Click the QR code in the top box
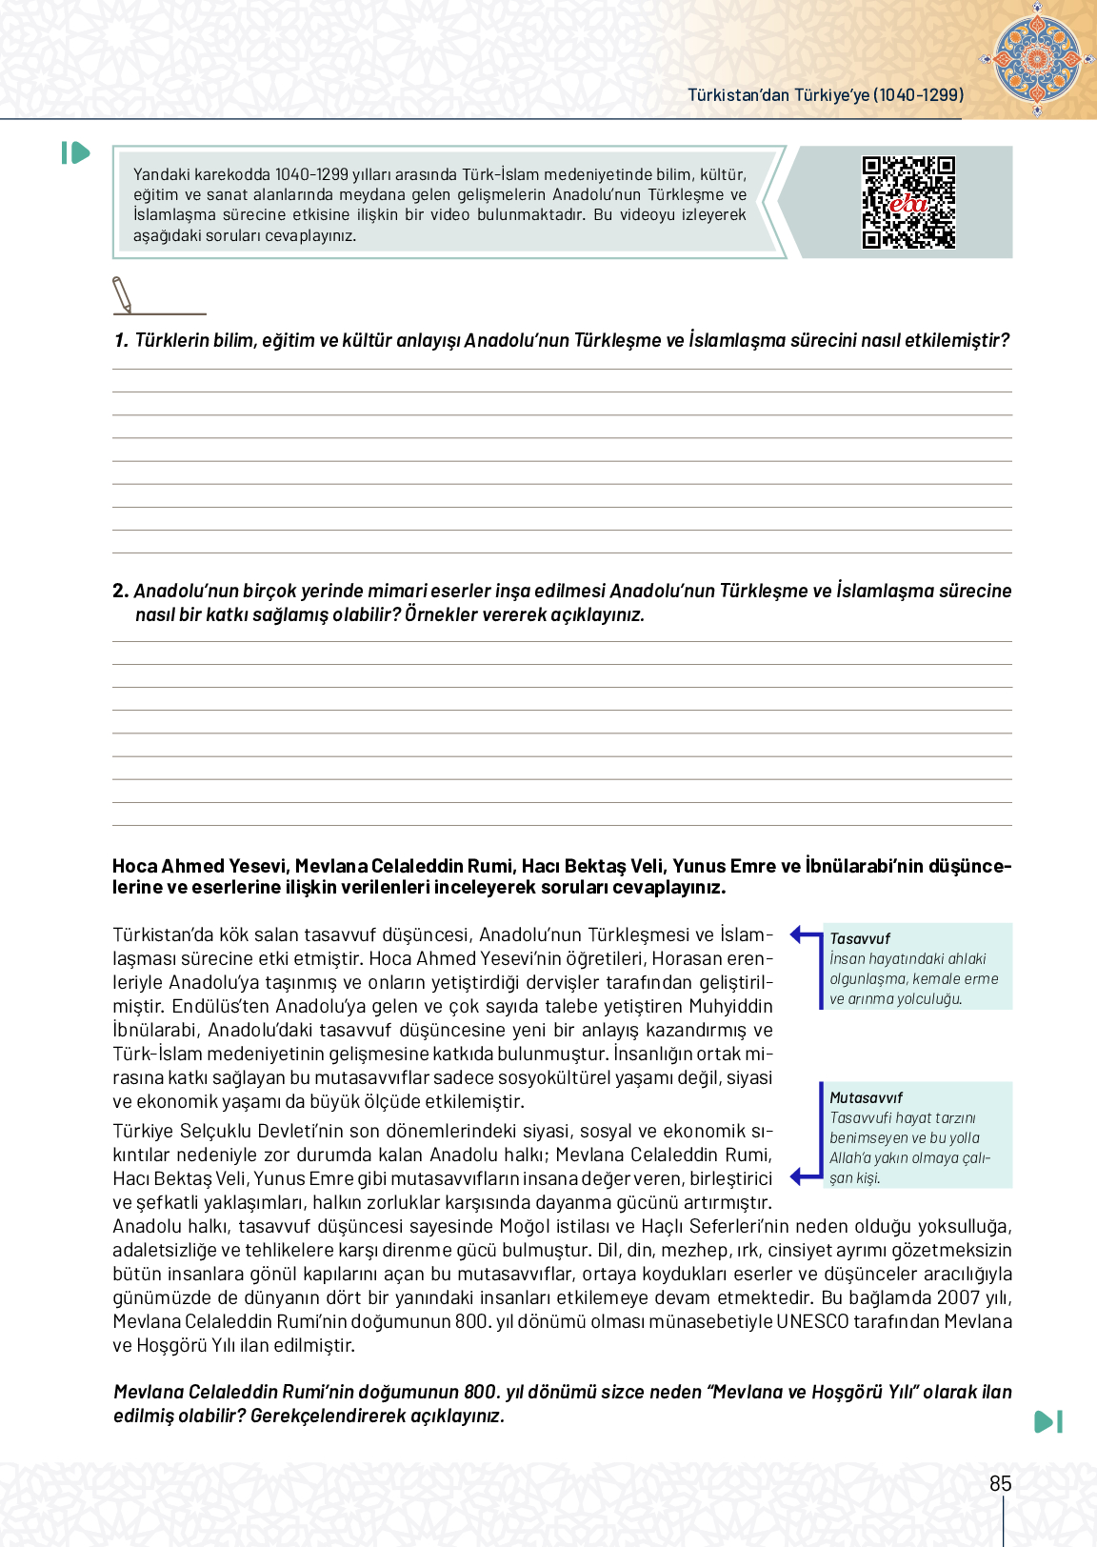908,202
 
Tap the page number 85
1000,1483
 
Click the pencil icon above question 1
122,294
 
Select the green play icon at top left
75,152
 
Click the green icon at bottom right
1047,1421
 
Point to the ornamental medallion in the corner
1037,58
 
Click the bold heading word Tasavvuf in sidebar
860,938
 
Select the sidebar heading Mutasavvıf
866,1097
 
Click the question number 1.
120,340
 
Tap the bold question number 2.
120,591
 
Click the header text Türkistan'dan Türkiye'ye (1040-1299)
826,95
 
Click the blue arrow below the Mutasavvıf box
805,1175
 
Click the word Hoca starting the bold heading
134,866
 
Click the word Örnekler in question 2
441,614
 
